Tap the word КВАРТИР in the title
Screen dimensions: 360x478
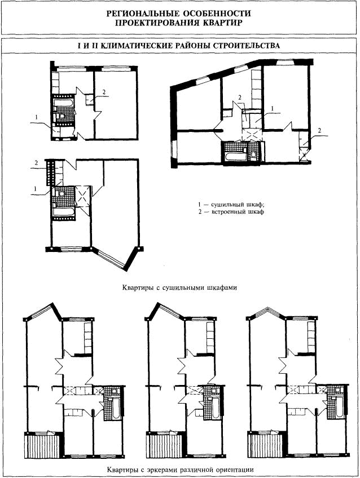221,23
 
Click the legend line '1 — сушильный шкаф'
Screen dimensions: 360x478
231,205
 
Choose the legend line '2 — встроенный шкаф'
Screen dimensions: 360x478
231,211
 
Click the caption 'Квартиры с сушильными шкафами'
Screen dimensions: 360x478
179,287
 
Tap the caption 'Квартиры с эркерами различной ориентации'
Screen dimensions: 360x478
181,470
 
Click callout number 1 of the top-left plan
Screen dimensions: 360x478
37,117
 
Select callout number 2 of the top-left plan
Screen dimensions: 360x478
104,91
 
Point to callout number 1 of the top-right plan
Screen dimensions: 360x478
273,108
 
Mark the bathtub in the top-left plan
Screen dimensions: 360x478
63,103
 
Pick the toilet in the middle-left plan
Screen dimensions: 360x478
62,193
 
